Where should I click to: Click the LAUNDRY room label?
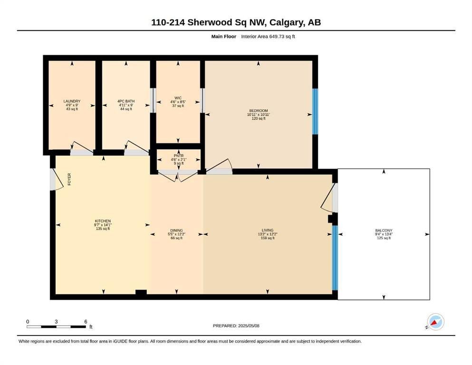(x=72, y=101)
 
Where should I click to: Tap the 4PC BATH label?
(x=126, y=101)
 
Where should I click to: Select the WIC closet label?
(x=178, y=98)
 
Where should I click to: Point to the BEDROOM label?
(x=258, y=111)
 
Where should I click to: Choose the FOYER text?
(x=69, y=179)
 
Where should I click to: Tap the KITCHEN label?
(x=103, y=221)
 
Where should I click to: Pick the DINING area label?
(x=176, y=231)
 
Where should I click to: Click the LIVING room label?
(x=268, y=230)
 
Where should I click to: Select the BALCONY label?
(x=384, y=231)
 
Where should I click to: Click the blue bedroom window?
(x=315, y=111)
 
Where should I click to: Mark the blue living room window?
(x=335, y=258)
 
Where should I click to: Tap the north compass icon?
(x=435, y=322)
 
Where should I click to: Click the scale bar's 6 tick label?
(x=86, y=322)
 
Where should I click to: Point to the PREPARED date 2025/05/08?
(x=249, y=326)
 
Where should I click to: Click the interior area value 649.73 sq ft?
(x=282, y=37)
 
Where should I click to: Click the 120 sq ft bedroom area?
(x=259, y=118)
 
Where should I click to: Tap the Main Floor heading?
(x=224, y=37)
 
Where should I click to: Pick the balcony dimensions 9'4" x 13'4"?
(x=384, y=234)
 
